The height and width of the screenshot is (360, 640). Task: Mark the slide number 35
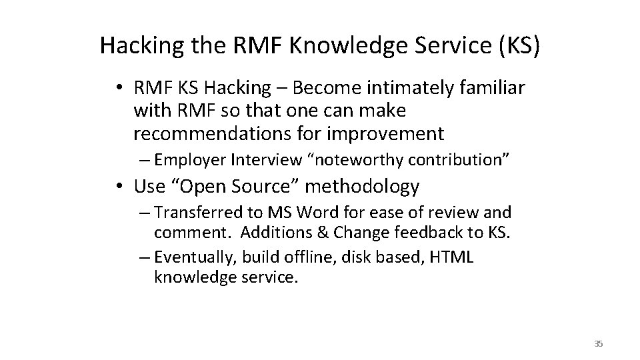598,343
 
